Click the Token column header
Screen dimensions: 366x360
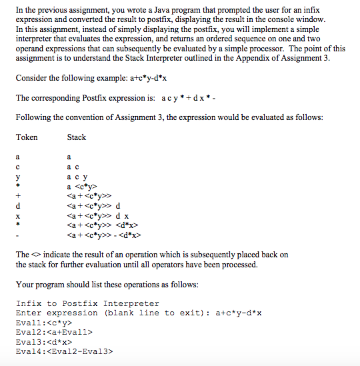[x=27, y=137]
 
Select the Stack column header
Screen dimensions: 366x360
[x=77, y=137]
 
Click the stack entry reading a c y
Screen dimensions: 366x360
[x=77, y=177]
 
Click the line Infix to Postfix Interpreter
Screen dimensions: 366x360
[x=87, y=303]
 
